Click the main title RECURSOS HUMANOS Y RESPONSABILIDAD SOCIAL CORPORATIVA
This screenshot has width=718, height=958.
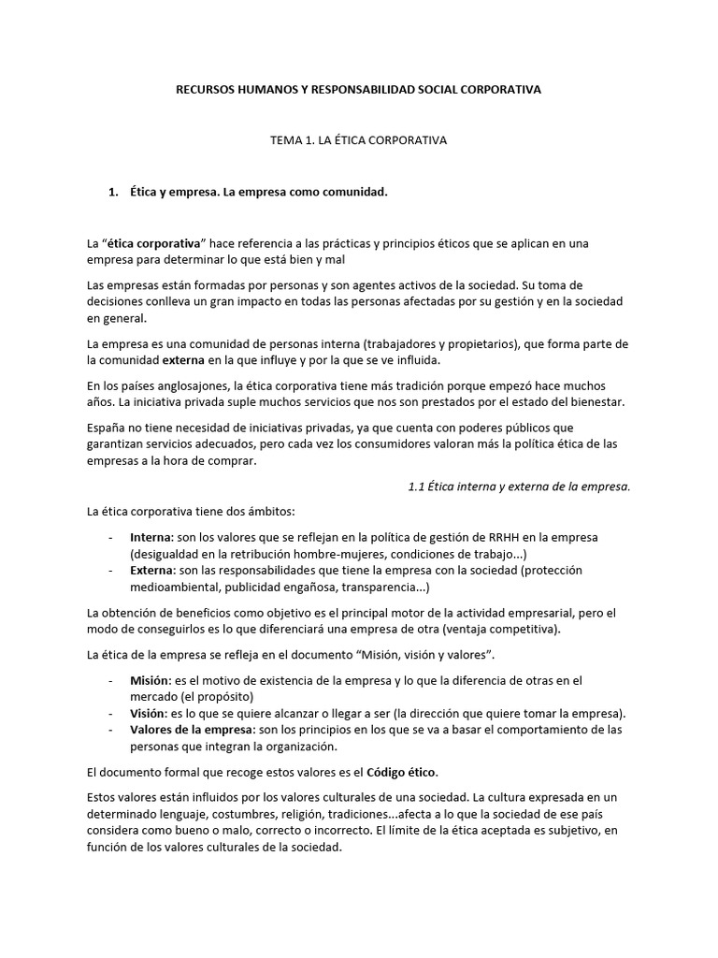coord(359,90)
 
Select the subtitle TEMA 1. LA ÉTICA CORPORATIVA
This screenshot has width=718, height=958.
coord(358,140)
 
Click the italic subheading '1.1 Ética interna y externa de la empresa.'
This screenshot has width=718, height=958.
coord(520,486)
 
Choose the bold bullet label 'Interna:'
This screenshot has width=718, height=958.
coord(151,537)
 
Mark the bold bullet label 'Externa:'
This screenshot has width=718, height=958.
coord(152,569)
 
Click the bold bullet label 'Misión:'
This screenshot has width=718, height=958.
coord(151,680)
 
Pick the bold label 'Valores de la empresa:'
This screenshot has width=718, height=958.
coord(190,729)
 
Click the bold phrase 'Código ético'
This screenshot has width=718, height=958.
coord(403,772)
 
